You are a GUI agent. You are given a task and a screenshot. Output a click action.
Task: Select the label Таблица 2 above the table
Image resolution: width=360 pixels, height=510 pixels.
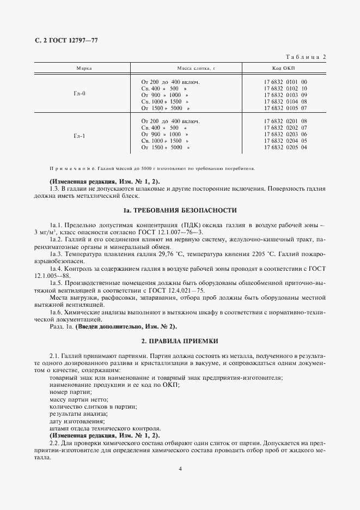[x=306, y=57]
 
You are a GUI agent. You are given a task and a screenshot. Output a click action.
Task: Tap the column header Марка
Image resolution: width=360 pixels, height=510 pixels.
[x=83, y=69]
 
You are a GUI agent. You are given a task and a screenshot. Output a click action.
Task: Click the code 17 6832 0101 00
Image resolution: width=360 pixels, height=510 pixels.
[x=285, y=82]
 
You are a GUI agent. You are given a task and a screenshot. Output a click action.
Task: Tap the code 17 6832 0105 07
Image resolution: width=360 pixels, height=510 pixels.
[x=285, y=108]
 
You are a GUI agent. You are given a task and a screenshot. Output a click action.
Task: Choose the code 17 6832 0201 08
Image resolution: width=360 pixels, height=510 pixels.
[x=285, y=121]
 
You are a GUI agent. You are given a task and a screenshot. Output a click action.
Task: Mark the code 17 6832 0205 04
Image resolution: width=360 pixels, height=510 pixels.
[x=285, y=147]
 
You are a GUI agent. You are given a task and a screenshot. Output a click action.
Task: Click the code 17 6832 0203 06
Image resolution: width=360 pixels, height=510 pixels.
[x=285, y=134]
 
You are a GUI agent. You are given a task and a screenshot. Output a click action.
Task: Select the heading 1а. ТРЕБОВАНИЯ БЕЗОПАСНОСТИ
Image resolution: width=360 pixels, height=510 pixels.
[x=180, y=210]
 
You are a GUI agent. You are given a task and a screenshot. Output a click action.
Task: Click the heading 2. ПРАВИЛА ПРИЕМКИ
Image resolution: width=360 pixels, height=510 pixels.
[x=180, y=341]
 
